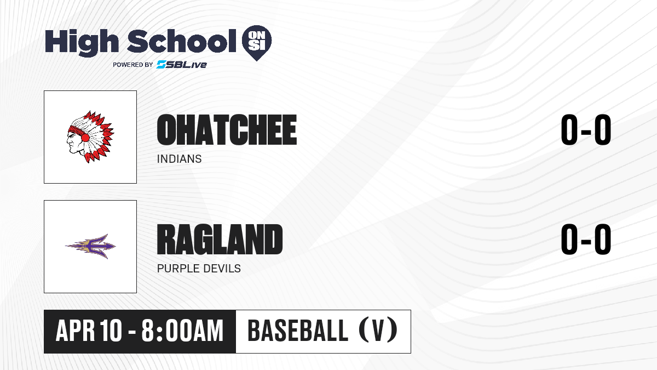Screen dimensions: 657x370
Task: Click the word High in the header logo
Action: (82, 43)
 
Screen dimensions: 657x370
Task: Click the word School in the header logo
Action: (182, 41)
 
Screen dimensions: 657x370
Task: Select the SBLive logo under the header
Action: (182, 65)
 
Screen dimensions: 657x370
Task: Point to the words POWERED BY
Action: (133, 65)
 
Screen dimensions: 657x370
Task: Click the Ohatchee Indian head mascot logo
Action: (90, 136)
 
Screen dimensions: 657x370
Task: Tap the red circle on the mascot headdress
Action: (85, 138)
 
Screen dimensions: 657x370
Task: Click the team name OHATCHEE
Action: (227, 130)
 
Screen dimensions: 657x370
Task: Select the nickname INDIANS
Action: (179, 159)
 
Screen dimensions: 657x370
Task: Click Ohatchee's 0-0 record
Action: (586, 130)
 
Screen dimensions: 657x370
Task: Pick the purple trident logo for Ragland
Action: (90, 246)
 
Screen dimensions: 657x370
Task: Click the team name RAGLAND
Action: (220, 240)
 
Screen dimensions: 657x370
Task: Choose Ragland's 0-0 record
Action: (586, 240)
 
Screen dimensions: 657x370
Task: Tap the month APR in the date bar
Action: (76, 331)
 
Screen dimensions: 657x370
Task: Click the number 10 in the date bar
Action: (111, 331)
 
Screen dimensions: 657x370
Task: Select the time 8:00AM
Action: (182, 331)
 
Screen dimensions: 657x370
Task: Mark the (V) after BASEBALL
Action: (378, 330)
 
